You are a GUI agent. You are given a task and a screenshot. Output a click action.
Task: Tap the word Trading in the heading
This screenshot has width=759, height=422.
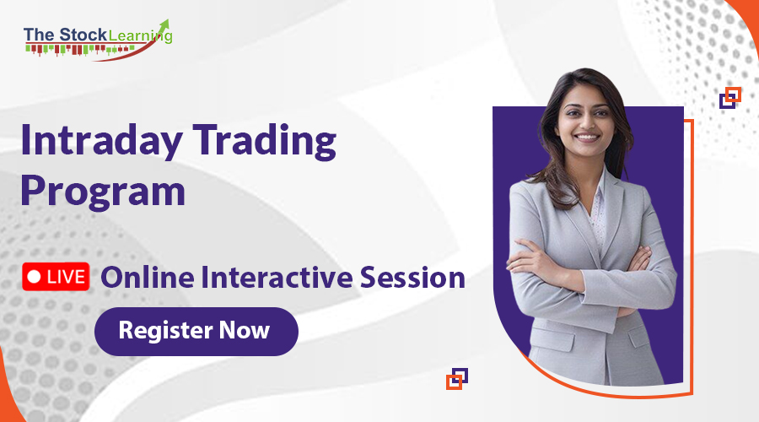(273, 142)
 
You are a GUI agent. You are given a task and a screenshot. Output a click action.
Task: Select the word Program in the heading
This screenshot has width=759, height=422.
(103, 191)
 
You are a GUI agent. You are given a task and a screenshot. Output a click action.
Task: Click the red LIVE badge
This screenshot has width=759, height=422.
(56, 277)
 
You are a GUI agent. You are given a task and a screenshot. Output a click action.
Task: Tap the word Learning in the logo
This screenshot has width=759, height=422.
(139, 35)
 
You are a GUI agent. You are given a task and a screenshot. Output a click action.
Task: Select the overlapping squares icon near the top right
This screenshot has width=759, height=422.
(730, 98)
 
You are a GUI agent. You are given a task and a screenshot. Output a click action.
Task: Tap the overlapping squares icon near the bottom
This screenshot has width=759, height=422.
(457, 378)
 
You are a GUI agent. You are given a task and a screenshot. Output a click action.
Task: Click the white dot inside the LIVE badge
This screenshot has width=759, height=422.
(35, 277)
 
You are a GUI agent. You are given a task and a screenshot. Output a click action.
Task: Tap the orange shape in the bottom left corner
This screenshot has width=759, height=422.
(7, 397)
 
